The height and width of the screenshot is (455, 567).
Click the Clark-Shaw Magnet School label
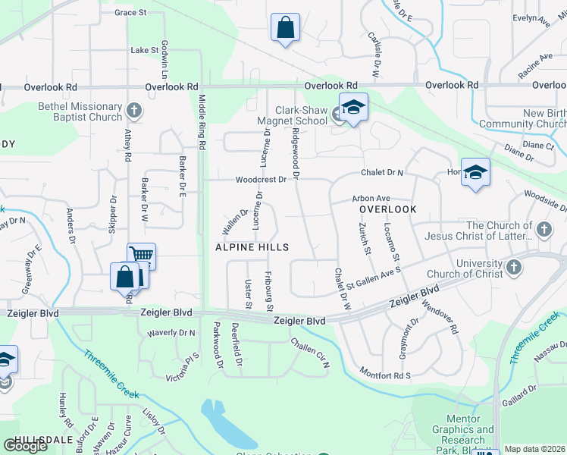coord(290,115)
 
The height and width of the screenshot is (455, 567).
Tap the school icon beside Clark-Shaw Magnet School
coord(352,108)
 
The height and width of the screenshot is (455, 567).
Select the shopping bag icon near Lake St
coord(285,28)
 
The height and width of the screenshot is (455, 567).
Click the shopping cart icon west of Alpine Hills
coord(141,256)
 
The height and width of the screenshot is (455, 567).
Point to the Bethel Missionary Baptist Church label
coord(80,112)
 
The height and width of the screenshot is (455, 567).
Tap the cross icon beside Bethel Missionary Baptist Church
coord(134,111)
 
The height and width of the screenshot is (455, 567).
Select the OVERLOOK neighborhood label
coord(387,209)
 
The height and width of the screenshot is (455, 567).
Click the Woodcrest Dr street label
coord(261,180)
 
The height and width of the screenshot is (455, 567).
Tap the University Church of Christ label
coord(465,269)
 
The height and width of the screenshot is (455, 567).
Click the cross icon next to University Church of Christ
coord(513,267)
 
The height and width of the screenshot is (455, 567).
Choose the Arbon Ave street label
coord(371,199)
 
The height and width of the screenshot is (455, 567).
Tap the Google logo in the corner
coord(26,445)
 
